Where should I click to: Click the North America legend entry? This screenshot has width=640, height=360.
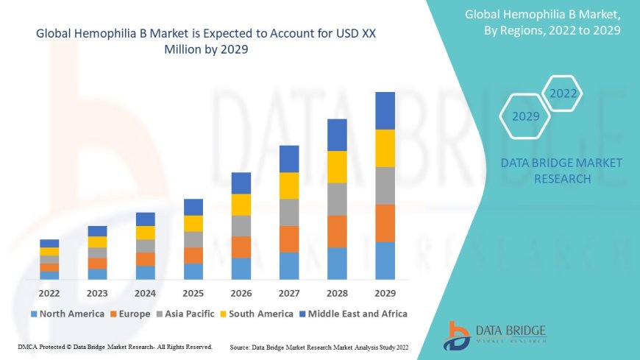[x=67, y=314]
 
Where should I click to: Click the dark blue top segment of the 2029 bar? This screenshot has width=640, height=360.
[x=385, y=110]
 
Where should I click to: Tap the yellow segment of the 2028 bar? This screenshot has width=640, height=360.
[x=337, y=166]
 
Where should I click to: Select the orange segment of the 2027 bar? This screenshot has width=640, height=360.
[x=289, y=239]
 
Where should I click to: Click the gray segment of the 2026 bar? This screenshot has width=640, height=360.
[x=241, y=225]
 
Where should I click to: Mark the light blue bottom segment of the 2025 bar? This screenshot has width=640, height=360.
[x=193, y=271]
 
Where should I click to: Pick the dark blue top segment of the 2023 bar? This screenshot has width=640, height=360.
[x=97, y=231]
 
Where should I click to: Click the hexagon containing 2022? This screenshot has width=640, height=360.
[x=563, y=94]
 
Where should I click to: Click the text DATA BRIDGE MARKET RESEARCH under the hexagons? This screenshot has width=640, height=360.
[x=561, y=171]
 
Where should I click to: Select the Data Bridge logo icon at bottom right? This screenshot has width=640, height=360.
[x=457, y=335]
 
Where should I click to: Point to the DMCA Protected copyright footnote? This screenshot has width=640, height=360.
[x=115, y=346]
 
